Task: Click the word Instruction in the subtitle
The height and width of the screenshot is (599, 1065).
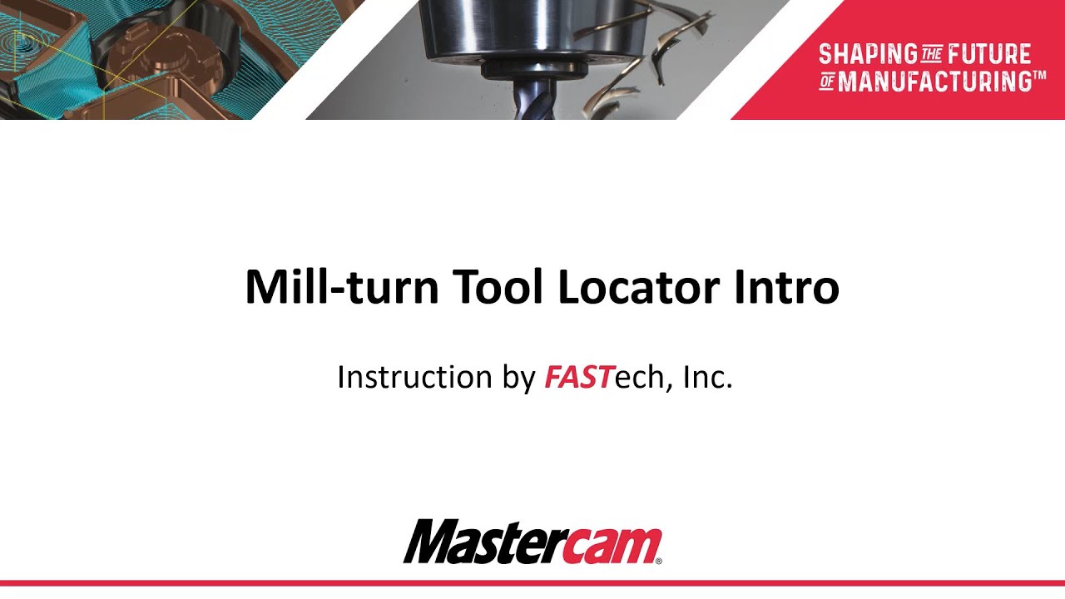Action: coord(414,378)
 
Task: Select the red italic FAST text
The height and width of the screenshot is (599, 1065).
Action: coord(578,378)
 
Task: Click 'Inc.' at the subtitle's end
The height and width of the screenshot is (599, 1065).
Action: coord(707,378)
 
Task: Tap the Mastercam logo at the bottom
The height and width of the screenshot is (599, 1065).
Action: coord(532,542)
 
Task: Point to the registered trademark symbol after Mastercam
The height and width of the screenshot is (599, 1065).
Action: coord(659,562)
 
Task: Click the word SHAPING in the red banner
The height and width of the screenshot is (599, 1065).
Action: coord(867,55)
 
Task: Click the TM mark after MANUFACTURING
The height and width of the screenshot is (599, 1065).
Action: coord(1039,76)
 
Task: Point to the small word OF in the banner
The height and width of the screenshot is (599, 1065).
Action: coord(827,82)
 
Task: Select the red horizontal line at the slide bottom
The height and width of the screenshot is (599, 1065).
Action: coord(532,583)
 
